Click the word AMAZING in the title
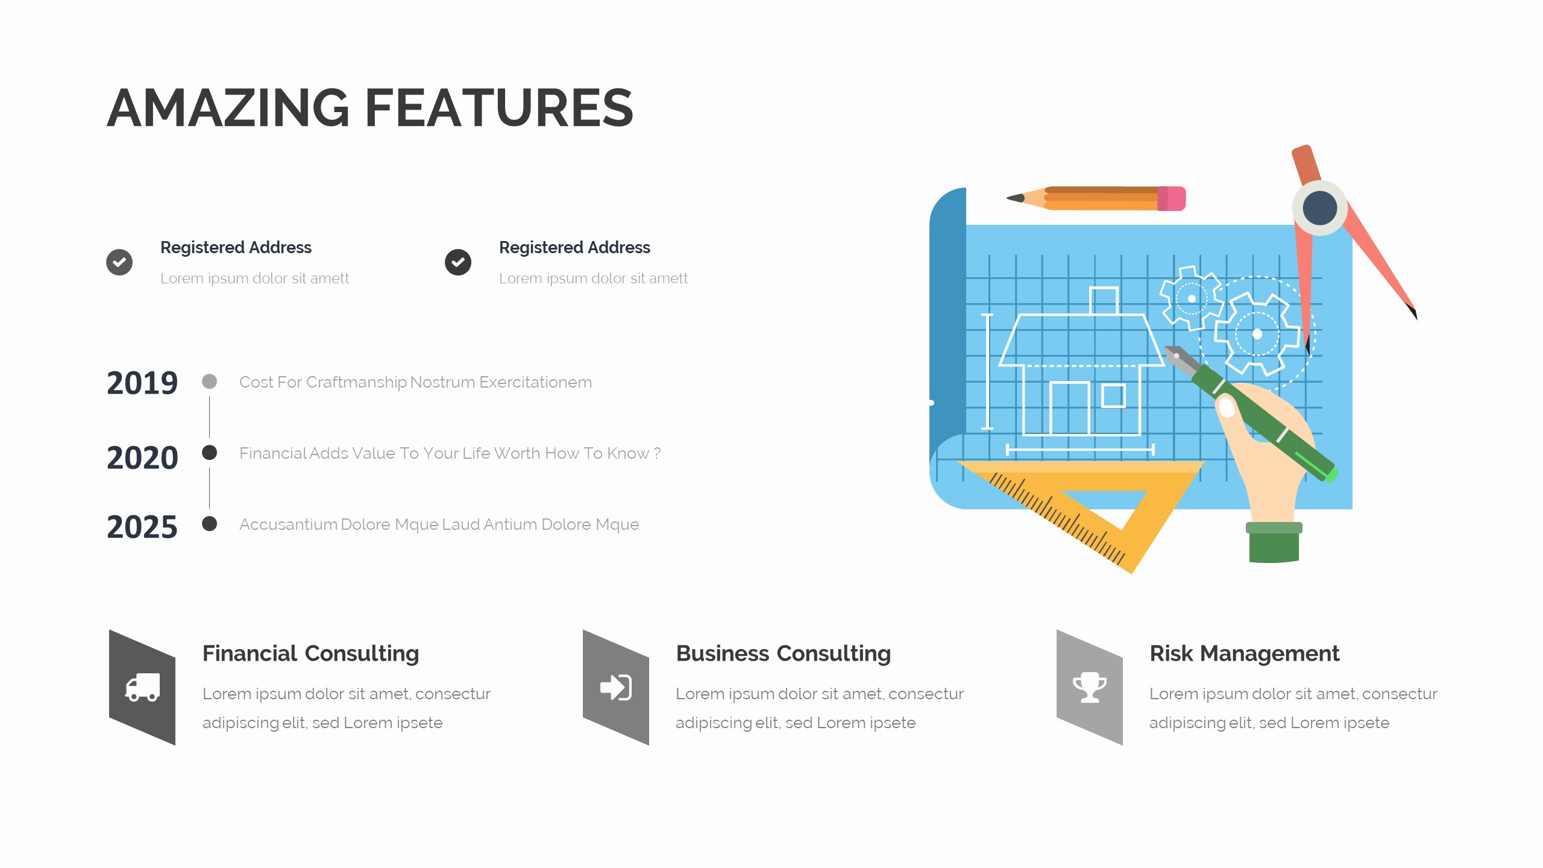click(x=228, y=108)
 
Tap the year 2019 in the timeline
click(x=142, y=383)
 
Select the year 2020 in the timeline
click(x=142, y=458)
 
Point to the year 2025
click(x=142, y=527)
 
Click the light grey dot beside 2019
click(x=209, y=382)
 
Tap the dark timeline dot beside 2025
click(x=209, y=523)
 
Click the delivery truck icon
click(x=142, y=687)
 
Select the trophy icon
click(x=1089, y=687)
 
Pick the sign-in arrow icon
click(x=615, y=687)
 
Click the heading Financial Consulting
click(x=310, y=653)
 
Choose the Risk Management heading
click(x=1244, y=653)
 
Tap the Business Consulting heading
click(x=783, y=653)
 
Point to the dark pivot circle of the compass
click(x=1319, y=208)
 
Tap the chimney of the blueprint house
click(x=1104, y=300)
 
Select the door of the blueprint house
click(x=1069, y=408)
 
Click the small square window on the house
click(x=1113, y=396)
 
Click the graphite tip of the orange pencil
click(x=1014, y=198)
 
